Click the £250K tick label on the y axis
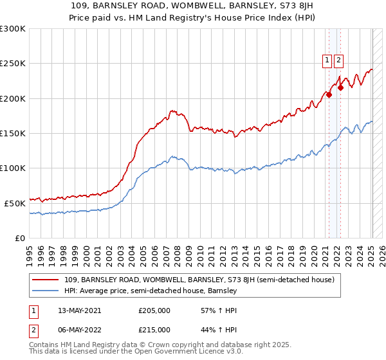click(12, 64)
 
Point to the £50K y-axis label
click(15, 203)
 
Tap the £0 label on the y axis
click(20, 238)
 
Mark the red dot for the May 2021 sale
click(329, 95)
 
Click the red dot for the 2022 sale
click(340, 88)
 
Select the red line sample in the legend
click(45, 280)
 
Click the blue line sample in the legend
click(45, 291)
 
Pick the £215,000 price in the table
click(154, 330)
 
